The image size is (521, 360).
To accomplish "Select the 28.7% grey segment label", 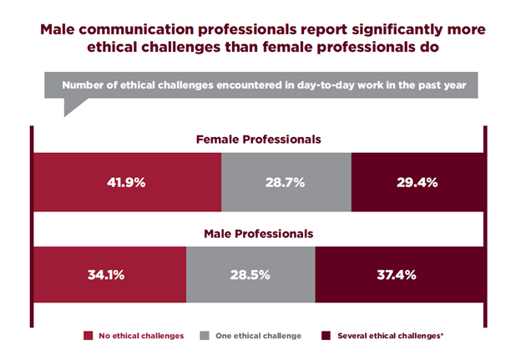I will point(286,181).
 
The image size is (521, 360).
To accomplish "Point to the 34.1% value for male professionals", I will point(108,275).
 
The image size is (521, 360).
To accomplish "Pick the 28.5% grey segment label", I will point(250,275).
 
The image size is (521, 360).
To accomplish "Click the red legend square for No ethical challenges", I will point(87,336).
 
